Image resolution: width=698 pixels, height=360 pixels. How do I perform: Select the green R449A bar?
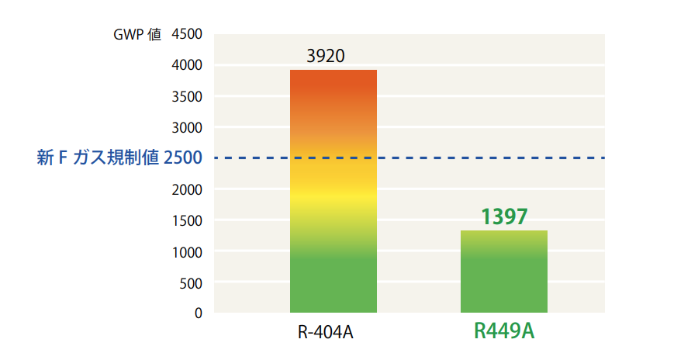504,272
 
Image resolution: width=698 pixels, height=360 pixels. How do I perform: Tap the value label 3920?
326,57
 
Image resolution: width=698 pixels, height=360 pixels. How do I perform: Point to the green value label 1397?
504,216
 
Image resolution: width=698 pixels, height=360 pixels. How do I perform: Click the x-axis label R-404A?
326,334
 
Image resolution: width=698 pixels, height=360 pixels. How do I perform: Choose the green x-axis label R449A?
504,332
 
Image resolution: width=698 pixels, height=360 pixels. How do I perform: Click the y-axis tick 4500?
186,34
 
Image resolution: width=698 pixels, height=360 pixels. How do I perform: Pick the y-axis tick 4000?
186,65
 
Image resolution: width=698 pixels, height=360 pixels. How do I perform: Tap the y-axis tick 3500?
186,96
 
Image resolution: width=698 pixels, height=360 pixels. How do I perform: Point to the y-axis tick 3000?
186,127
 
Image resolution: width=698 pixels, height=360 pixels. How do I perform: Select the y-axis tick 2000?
186,189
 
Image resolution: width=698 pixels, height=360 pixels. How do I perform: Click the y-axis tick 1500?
186,220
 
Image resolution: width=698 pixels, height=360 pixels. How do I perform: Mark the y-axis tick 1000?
186,251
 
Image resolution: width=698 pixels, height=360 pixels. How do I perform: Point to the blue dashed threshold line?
434,158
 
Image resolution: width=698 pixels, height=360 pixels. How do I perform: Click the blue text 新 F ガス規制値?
98,158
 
